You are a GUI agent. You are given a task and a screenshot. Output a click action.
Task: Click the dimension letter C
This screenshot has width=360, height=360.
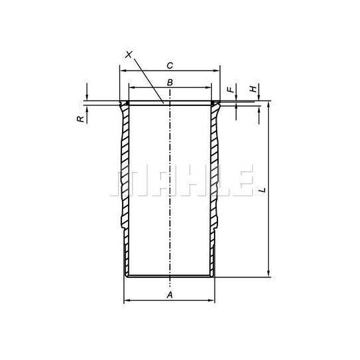pos(170,65)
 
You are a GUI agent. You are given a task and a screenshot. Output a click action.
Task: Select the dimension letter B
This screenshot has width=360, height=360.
pos(170,83)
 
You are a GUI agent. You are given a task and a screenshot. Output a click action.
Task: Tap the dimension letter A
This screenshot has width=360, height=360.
pos(169,295)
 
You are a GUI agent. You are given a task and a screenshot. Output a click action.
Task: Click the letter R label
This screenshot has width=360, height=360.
pos(81,119)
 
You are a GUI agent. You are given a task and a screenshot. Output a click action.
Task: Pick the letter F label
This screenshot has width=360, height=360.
pos(231,89)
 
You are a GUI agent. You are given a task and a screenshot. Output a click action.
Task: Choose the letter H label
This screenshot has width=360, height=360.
pos(253,89)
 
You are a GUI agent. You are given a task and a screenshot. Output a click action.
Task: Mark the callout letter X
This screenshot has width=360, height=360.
pos(129,55)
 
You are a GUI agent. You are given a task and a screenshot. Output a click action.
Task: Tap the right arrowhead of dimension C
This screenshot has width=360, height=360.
pos(217,71)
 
